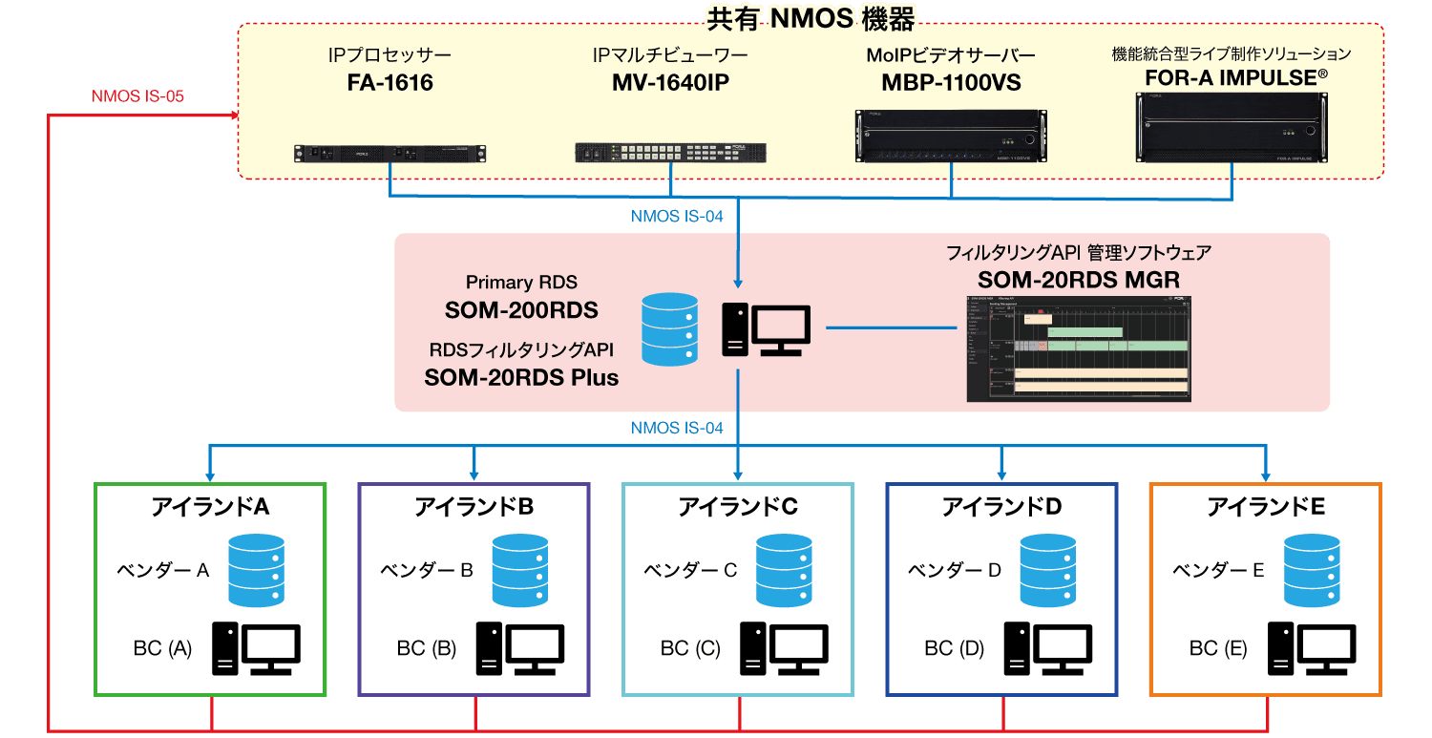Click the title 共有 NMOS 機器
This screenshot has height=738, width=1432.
[810, 16]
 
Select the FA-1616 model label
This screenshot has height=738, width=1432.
[390, 83]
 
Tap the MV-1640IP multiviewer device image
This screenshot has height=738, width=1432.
[670, 153]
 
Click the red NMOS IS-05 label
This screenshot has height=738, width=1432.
[137, 97]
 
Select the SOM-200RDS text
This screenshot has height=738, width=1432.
[521, 310]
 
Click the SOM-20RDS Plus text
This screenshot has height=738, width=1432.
[521, 377]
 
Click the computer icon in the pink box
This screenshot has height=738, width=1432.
[766, 329]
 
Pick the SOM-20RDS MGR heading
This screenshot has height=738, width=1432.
[1078, 280]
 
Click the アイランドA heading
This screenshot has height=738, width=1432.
[210, 507]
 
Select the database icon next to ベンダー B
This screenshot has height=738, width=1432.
[518, 569]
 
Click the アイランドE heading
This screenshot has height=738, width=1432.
[1266, 507]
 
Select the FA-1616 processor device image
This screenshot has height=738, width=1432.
[390, 153]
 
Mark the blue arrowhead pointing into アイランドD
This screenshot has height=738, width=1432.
[1001, 474]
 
